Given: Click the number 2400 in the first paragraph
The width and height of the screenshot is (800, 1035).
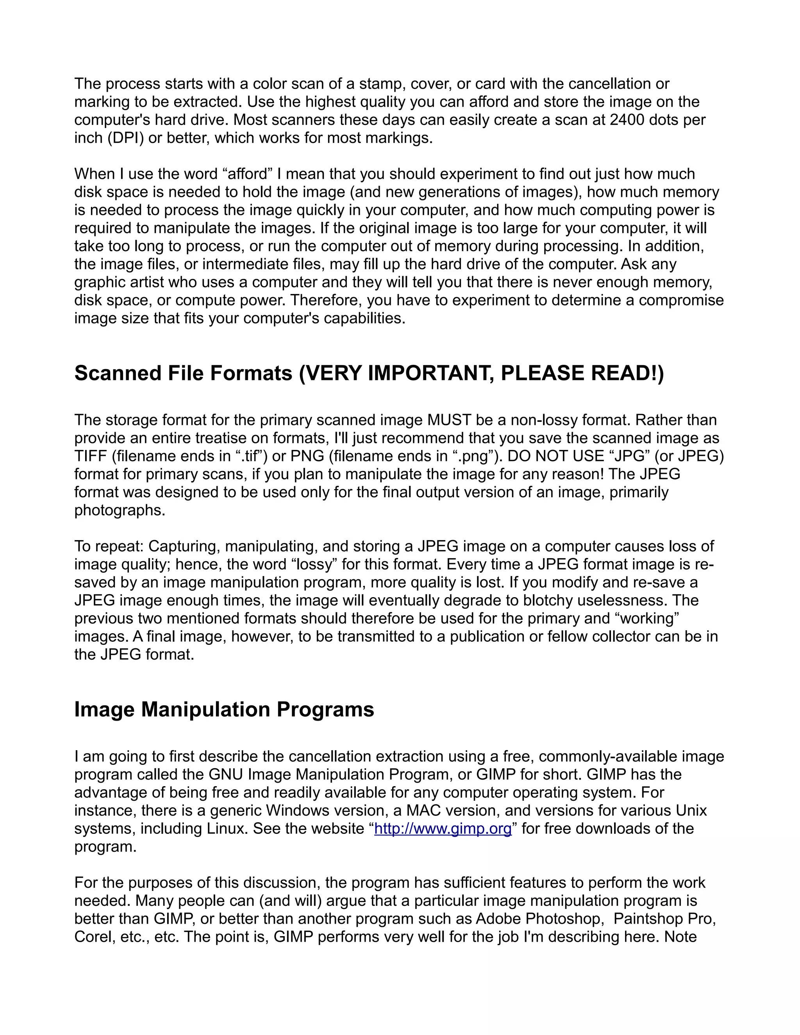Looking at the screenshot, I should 627,120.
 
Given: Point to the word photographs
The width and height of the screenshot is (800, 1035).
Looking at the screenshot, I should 120,510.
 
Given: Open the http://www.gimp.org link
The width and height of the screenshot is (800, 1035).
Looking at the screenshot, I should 443,828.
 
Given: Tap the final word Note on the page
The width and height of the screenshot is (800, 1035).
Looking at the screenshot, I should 680,937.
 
